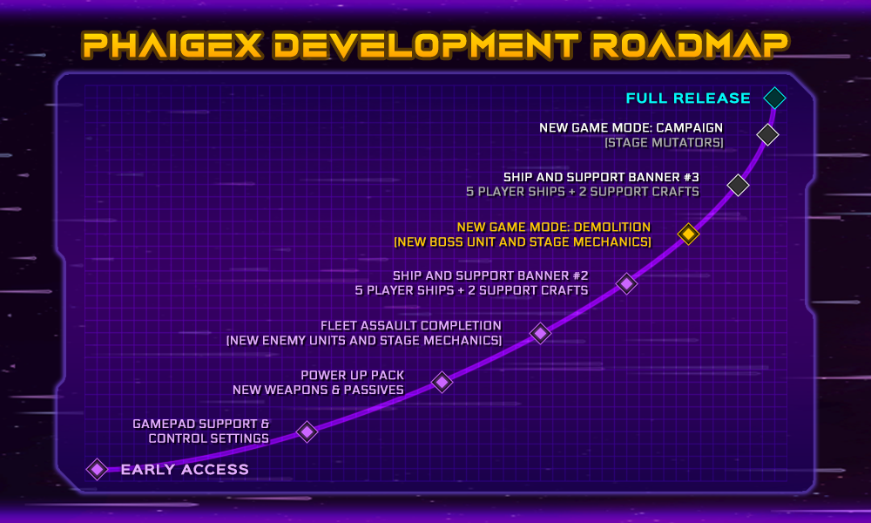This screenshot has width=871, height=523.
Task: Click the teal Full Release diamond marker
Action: (774, 98)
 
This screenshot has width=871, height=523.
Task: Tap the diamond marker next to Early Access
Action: (98, 469)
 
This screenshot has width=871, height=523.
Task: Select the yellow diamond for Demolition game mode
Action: (688, 234)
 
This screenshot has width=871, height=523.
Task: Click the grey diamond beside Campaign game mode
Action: (767, 134)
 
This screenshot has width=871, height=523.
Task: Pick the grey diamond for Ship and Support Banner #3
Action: (739, 185)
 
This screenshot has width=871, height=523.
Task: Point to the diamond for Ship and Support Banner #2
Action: (626, 283)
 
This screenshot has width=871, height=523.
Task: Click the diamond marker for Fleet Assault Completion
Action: (541, 333)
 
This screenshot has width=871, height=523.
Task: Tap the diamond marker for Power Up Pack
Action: (442, 383)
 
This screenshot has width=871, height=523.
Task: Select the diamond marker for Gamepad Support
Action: (307, 431)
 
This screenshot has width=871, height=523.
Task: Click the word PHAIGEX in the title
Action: (172, 45)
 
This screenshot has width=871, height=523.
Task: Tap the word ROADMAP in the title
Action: (690, 45)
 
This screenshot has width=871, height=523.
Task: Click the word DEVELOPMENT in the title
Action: (427, 45)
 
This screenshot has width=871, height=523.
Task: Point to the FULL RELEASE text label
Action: (688, 98)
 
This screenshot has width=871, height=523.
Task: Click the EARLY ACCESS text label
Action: (185, 470)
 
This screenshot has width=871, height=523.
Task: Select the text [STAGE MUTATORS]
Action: (665, 143)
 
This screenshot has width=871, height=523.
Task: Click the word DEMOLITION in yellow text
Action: (612, 228)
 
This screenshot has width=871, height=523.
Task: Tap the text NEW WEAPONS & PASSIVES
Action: (318, 391)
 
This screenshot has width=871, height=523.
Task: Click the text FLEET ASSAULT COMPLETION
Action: (411, 326)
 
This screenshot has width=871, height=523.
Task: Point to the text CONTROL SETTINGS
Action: (209, 438)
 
